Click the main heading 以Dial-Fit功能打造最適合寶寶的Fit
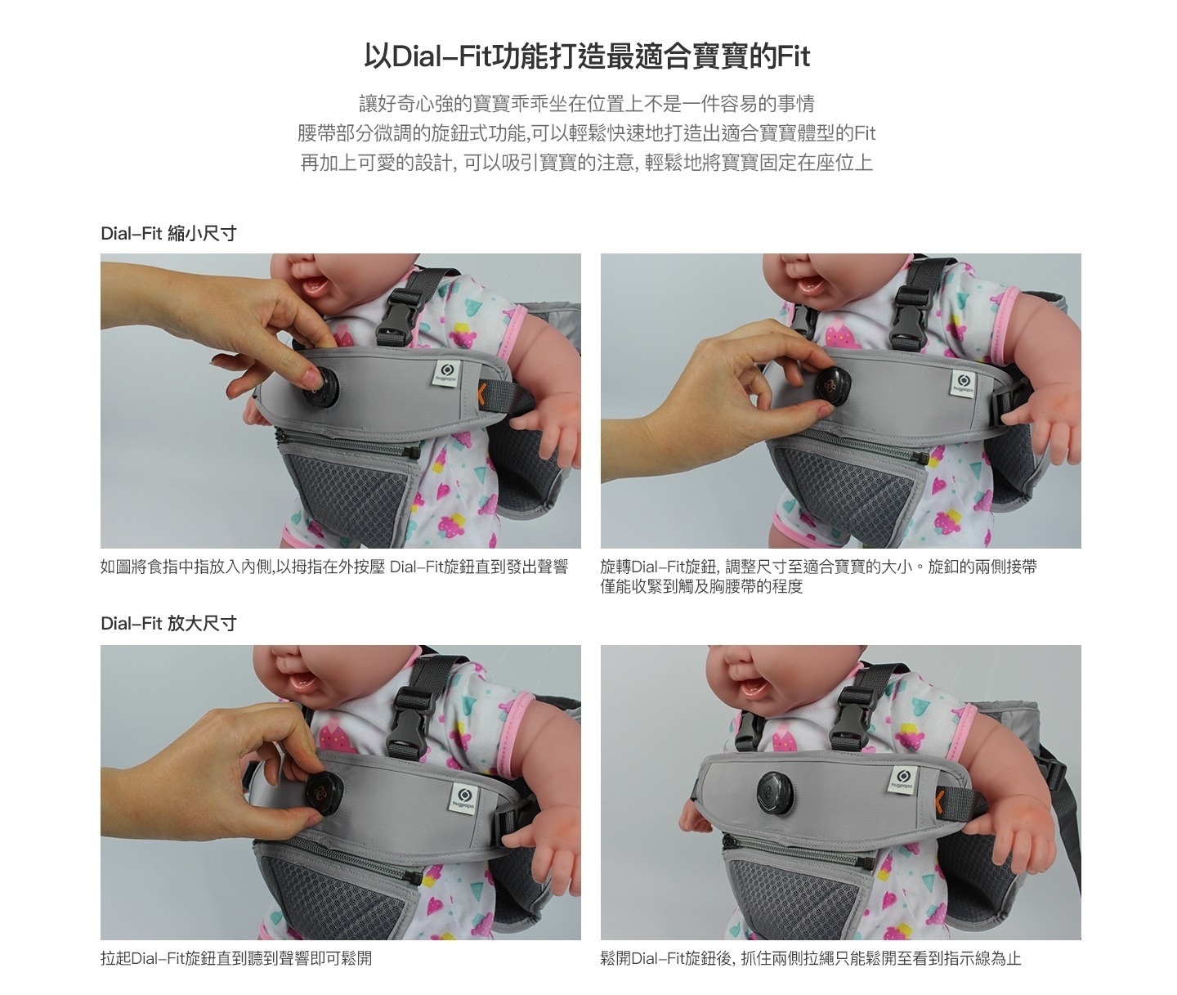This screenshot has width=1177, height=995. click(587, 57)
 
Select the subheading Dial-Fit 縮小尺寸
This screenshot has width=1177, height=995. click(168, 234)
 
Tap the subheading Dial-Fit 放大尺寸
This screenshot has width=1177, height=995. click(168, 624)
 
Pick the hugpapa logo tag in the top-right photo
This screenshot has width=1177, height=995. click(963, 383)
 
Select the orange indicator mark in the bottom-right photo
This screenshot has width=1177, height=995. click(938, 799)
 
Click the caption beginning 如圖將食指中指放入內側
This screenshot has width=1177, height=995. click(334, 567)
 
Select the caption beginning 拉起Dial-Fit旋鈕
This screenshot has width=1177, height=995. click(236, 958)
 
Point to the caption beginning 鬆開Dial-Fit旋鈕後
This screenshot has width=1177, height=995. click(811, 958)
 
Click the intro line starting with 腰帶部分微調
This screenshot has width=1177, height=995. click(587, 133)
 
